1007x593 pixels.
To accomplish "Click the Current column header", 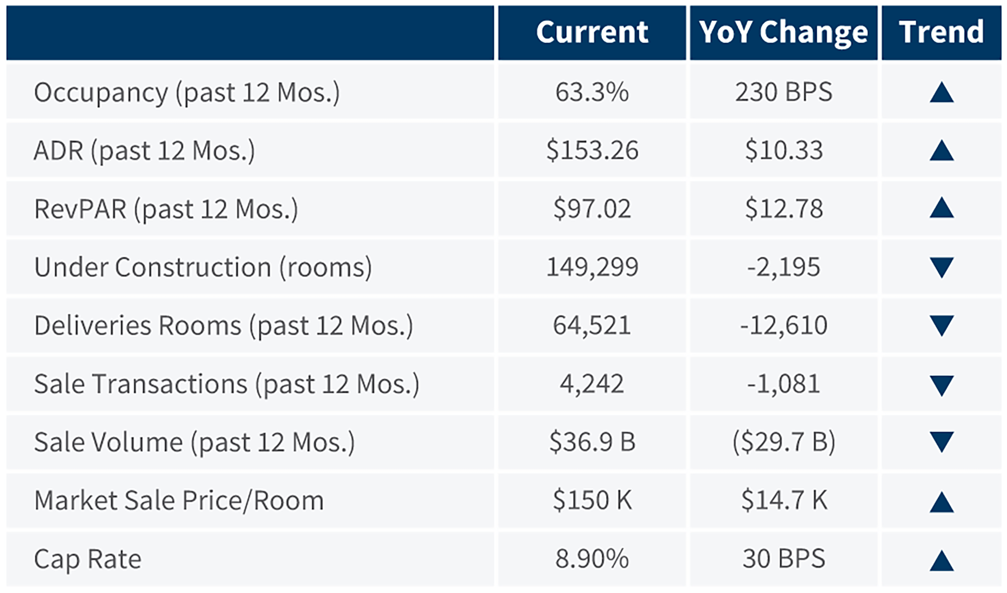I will click(592, 32).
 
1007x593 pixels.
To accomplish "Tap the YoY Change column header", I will click(783, 32).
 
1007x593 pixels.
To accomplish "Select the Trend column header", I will click(941, 32).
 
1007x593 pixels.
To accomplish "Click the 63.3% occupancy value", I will click(592, 92).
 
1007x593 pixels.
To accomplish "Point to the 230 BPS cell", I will click(783, 92).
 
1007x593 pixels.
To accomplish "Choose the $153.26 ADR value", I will click(592, 151).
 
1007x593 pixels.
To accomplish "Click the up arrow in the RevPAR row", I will click(942, 208).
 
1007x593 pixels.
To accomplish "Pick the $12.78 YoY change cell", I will click(783, 208).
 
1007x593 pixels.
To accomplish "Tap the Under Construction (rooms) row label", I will click(203, 267).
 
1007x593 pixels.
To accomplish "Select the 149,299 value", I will click(592, 267).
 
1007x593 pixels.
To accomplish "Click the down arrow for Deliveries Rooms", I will click(942, 326).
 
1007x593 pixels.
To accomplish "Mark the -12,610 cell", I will click(783, 325).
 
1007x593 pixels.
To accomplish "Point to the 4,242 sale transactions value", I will click(592, 384).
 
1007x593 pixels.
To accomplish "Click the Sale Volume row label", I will click(194, 442).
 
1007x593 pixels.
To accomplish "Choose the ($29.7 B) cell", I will click(783, 442).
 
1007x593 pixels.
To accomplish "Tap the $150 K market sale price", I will click(592, 500).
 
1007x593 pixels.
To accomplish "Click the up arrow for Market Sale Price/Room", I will click(942, 502).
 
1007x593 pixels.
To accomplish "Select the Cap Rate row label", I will click(88, 559).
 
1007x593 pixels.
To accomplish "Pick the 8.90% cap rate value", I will click(592, 559).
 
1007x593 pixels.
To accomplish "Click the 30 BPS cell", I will click(783, 559).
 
